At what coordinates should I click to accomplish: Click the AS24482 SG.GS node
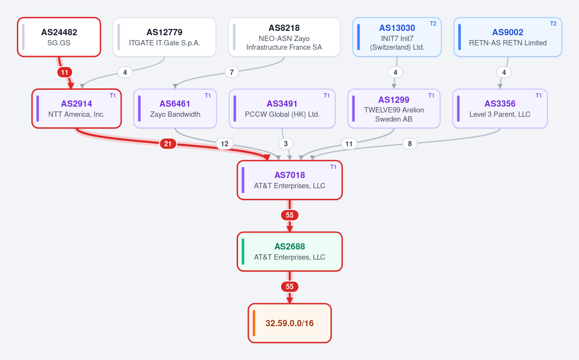(59, 37)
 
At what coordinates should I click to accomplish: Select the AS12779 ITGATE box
(164, 37)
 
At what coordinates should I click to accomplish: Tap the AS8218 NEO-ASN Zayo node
(284, 37)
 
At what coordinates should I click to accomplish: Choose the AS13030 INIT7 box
(397, 37)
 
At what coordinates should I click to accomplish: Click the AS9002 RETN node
(508, 37)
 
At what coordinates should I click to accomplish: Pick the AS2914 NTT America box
(76, 109)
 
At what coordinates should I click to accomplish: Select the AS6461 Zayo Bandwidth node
(175, 109)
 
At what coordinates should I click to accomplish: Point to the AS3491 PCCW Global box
(282, 109)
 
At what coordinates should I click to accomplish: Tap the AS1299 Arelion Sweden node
(394, 109)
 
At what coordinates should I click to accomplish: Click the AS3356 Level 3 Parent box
(500, 109)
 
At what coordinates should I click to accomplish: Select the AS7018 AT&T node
(290, 180)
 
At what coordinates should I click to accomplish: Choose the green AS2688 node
(290, 252)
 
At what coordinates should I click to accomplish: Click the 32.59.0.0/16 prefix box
(290, 323)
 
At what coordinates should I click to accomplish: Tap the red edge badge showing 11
(65, 72)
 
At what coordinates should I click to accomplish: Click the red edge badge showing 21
(168, 143)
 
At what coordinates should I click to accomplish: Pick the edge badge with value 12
(225, 143)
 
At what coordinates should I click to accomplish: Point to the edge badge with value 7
(231, 72)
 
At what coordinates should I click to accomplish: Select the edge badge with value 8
(410, 143)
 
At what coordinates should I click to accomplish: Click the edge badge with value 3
(286, 143)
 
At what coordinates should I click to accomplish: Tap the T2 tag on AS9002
(553, 24)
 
